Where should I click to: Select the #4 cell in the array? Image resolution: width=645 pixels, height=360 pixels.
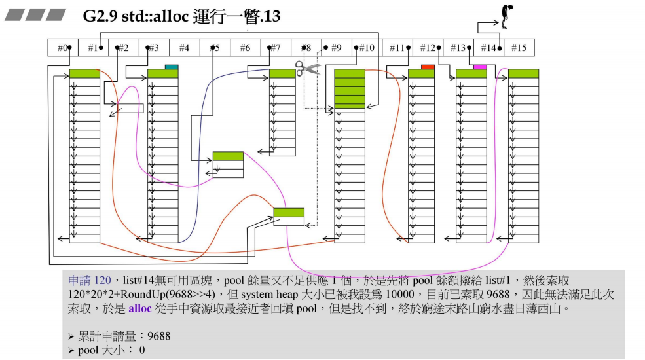point(184,48)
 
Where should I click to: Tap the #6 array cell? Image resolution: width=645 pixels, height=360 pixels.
point(244,48)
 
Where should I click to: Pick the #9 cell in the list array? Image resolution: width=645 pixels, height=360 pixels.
point(335,48)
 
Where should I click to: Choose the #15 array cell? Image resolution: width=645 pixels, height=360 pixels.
point(519,48)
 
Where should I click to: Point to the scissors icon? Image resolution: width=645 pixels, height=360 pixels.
point(306,67)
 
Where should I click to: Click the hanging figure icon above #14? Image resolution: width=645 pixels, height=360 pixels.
point(504,16)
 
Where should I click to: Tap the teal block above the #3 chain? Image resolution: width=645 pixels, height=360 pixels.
point(172,67)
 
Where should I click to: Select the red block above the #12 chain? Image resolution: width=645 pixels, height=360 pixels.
point(428,67)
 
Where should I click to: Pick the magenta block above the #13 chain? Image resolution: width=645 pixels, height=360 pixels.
point(480,67)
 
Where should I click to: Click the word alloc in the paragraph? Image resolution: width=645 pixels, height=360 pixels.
point(139,306)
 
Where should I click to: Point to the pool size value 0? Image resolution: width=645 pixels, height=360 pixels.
point(141,350)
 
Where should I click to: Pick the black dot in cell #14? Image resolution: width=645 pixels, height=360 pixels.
point(500,48)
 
